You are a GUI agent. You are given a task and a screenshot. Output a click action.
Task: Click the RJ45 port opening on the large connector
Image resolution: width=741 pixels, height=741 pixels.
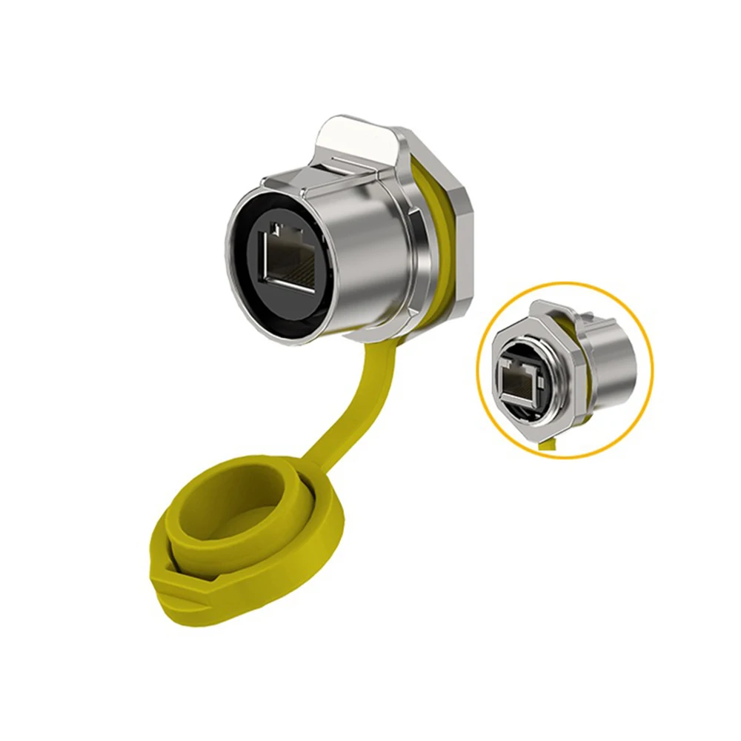(x=292, y=260)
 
